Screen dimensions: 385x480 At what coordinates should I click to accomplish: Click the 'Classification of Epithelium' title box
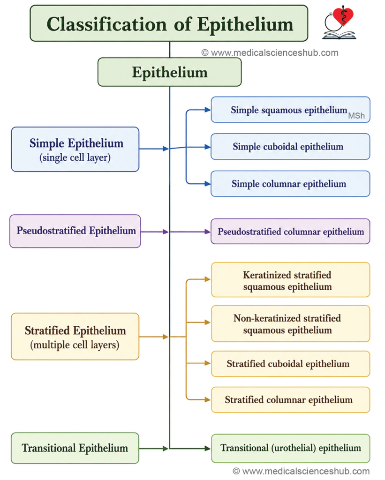169,23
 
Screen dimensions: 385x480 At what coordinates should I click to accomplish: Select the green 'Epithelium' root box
169,72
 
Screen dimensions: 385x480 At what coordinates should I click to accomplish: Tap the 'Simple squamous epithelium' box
290,110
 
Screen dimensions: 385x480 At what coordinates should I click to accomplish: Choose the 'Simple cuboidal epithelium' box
290,146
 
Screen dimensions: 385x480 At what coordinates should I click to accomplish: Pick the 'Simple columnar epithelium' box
290,184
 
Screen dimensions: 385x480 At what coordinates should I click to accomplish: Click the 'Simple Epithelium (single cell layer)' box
75,150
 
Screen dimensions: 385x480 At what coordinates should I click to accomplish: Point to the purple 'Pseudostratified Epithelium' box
75,231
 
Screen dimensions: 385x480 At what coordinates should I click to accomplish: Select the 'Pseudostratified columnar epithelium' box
290,232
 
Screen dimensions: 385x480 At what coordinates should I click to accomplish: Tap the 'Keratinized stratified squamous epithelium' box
290,280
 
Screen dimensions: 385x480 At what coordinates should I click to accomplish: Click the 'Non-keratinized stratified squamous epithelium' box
290,323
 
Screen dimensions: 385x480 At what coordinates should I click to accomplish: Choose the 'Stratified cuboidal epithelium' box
290,364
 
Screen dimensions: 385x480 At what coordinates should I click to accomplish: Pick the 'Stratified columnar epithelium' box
290,400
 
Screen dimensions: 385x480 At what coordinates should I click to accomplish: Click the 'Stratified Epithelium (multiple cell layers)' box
75,337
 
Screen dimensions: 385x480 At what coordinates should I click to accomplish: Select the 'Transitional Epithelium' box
75,448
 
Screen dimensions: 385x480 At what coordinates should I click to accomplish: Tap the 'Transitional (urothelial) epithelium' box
290,448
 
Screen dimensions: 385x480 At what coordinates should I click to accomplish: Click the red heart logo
343,16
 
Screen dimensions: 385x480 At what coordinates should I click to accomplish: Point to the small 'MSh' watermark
356,116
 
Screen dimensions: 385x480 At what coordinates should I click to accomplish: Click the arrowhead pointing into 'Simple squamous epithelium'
208,110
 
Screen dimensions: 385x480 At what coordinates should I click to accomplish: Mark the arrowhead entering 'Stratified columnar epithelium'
208,399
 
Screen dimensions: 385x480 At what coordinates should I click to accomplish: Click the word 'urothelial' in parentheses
294,448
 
